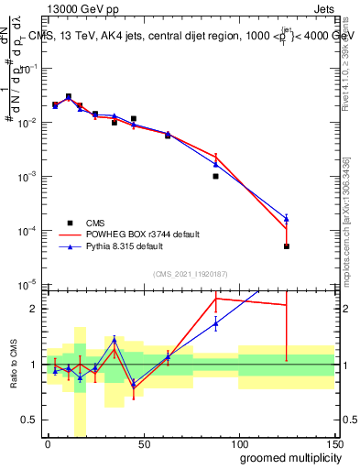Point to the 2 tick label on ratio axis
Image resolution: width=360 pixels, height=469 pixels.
click(34, 309)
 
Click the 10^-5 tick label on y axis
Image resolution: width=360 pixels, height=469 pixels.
click(27, 285)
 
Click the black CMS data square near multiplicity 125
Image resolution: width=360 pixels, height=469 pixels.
click(287, 246)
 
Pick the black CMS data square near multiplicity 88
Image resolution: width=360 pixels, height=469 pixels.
click(215, 176)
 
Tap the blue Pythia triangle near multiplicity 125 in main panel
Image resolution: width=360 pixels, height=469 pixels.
click(287, 218)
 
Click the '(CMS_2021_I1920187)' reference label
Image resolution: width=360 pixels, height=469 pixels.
click(191, 274)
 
